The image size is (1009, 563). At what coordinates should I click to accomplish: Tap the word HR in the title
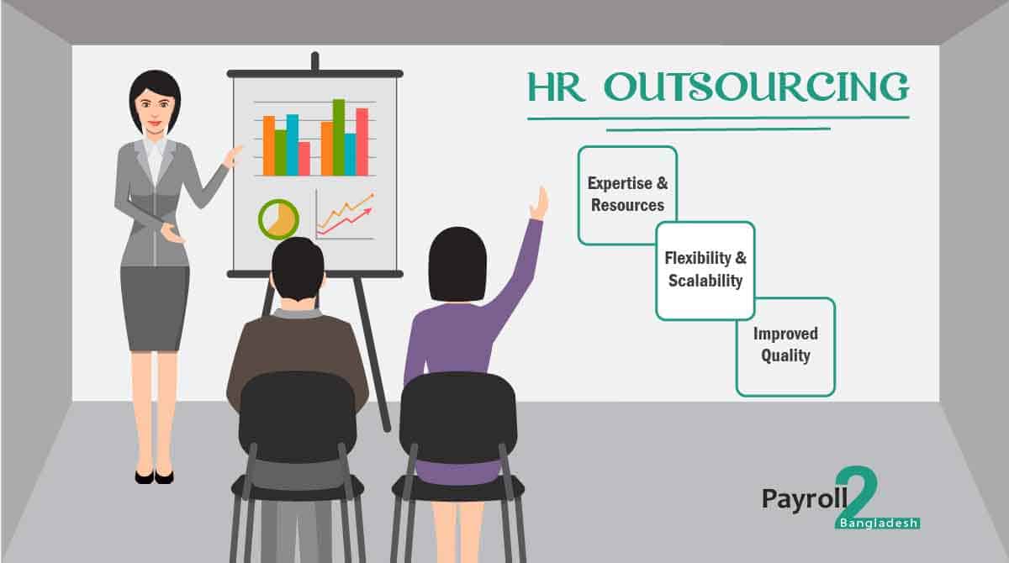(556, 88)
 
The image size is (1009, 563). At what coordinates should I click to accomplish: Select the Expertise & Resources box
(627, 195)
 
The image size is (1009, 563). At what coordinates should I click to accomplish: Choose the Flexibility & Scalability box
(705, 271)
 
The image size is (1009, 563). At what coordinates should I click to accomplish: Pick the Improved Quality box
(785, 345)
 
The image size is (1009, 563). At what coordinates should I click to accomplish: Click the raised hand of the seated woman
(538, 203)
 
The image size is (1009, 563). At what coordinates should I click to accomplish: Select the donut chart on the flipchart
(278, 219)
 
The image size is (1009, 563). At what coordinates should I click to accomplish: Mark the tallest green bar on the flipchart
(339, 137)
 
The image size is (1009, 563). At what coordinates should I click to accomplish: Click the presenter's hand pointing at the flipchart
(232, 155)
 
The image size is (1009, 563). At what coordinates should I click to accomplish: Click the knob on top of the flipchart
(314, 61)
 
